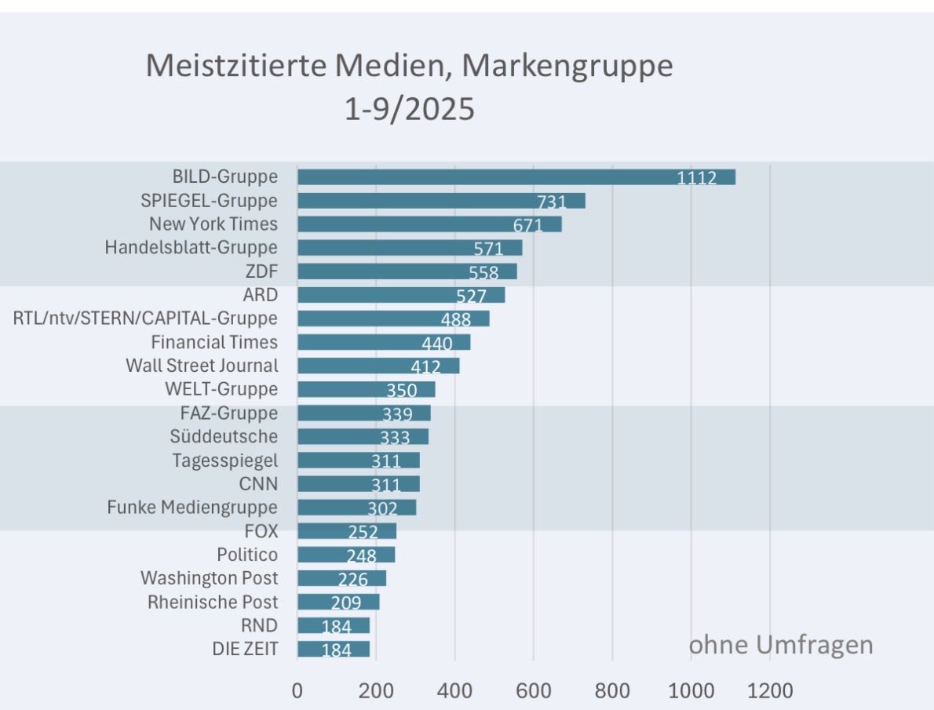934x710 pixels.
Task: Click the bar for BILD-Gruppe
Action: click(516, 177)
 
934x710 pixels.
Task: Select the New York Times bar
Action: click(429, 224)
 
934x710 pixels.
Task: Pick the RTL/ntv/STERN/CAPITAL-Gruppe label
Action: click(145, 319)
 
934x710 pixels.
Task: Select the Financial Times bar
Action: click(384, 342)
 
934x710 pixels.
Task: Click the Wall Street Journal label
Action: click(202, 366)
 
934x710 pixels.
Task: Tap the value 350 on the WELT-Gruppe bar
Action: click(401, 390)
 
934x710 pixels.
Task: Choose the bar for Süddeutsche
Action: click(363, 436)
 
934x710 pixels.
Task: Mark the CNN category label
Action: click(258, 483)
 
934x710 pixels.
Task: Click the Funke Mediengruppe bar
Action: click(356, 508)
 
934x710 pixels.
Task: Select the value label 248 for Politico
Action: click(362, 555)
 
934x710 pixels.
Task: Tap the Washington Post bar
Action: click(341, 578)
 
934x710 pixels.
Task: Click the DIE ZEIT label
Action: click(245, 649)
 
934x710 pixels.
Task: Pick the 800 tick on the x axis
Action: click(612, 691)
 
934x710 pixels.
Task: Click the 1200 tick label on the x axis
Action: click(769, 691)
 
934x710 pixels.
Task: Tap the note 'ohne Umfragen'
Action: click(780, 646)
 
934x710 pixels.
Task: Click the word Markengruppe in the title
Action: click(567, 66)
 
